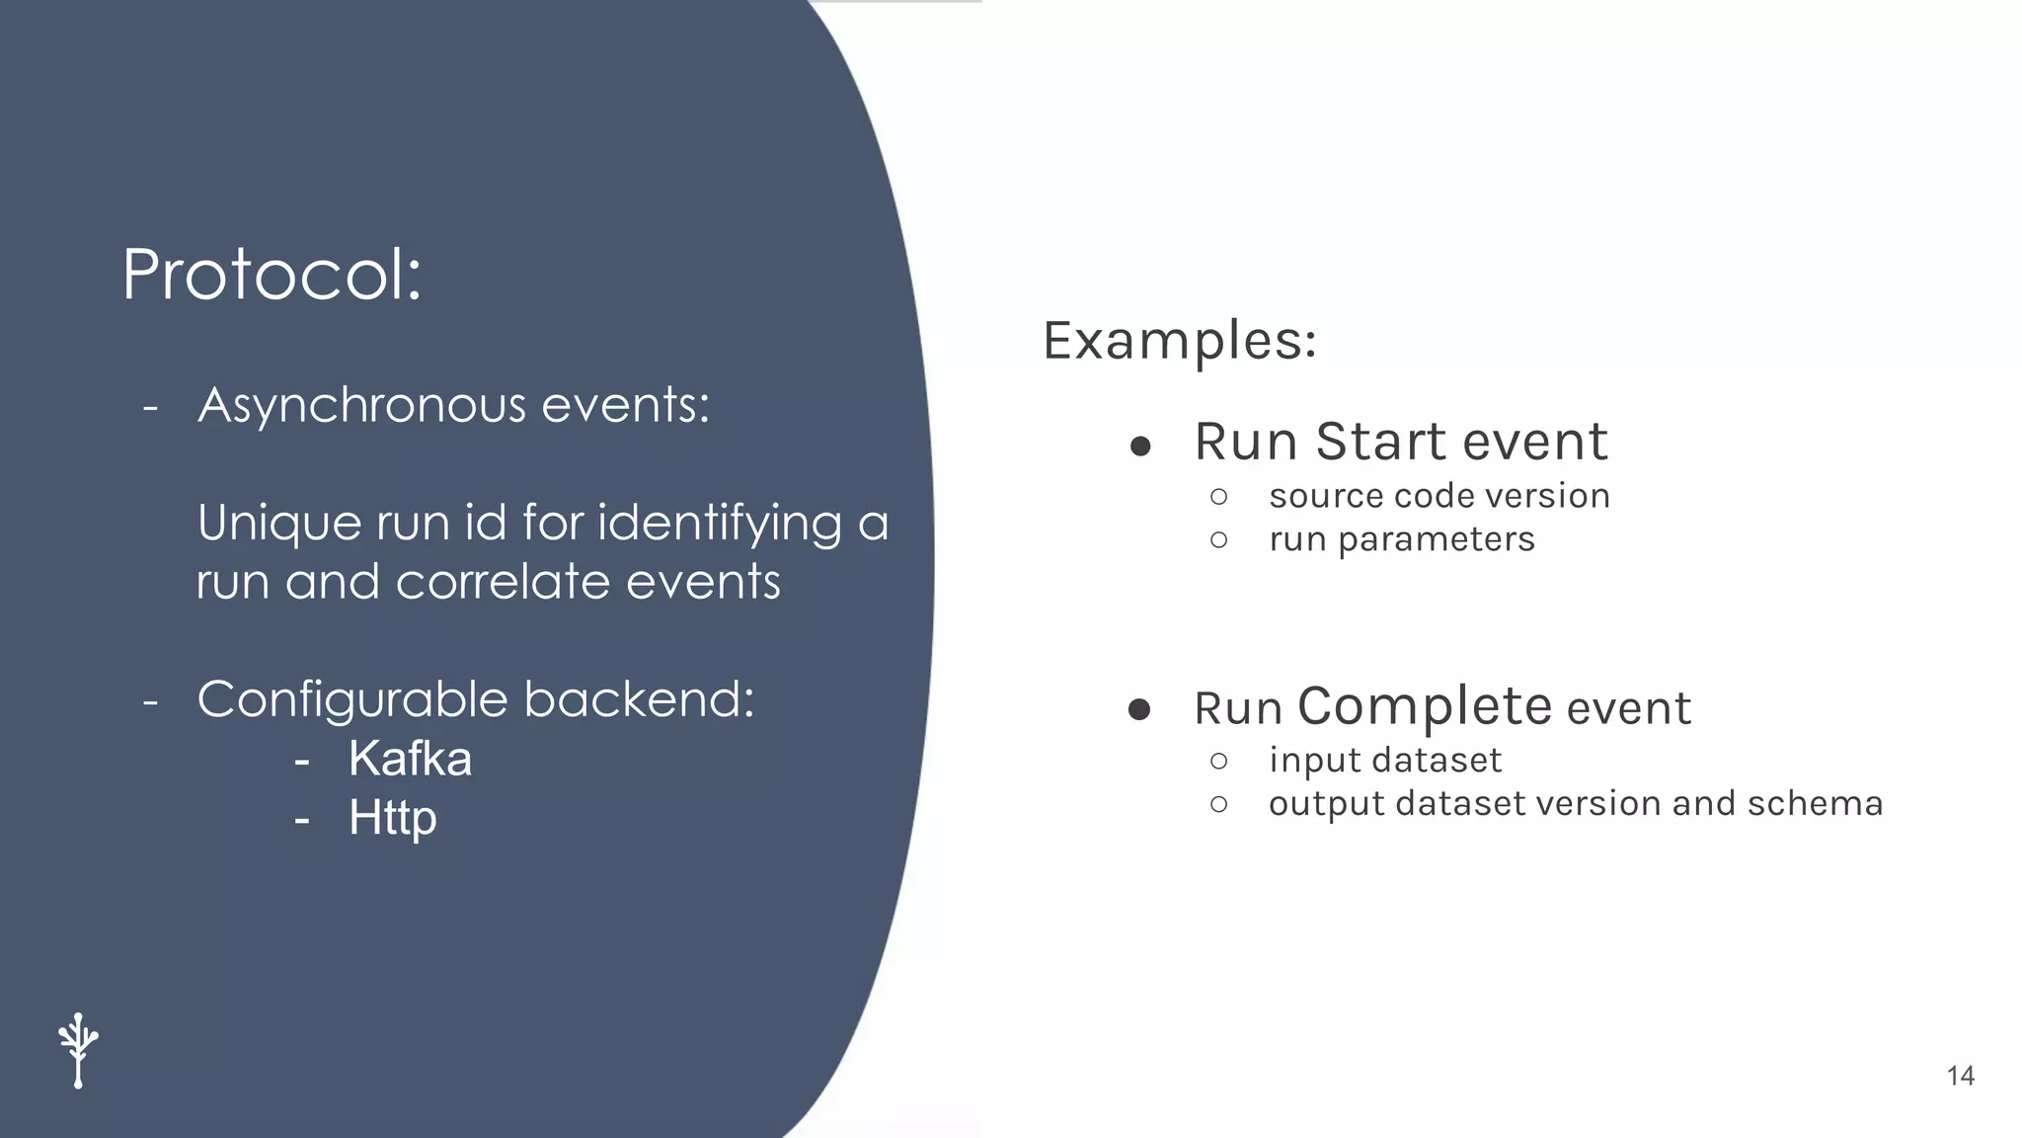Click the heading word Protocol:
(272, 275)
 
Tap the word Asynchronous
(362, 406)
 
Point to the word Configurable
(352, 700)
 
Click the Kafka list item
(410, 759)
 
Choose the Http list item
(392, 818)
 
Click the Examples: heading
(1179, 341)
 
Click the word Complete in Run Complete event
(1425, 706)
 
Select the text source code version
(1439, 496)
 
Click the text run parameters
(1401, 539)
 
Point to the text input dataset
(1384, 760)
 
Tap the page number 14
(1960, 1076)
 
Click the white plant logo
(78, 1050)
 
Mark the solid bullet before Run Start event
(1140, 447)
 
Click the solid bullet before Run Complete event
(1139, 709)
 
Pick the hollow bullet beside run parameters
(1218, 540)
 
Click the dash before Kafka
(302, 761)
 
